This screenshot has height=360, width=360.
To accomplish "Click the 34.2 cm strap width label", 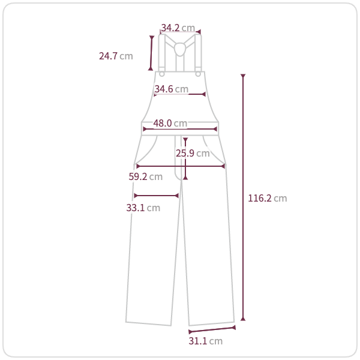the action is tap(178, 28).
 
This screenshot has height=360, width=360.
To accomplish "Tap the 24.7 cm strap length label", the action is tap(116, 56).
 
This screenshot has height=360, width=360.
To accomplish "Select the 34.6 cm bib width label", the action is tap(171, 89).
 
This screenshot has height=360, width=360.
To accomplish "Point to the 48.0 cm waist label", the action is tap(170, 123).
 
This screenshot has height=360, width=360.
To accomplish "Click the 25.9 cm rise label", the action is tap(193, 153).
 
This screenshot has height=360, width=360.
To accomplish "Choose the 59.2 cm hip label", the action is tap(146, 176).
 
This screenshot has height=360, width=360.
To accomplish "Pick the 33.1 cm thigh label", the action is tap(143, 208).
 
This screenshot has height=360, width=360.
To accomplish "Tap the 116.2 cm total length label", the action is tap(268, 199).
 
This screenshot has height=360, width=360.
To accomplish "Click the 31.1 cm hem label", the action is tap(205, 341).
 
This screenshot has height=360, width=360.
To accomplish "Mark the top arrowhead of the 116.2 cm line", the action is tap(243, 76).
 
